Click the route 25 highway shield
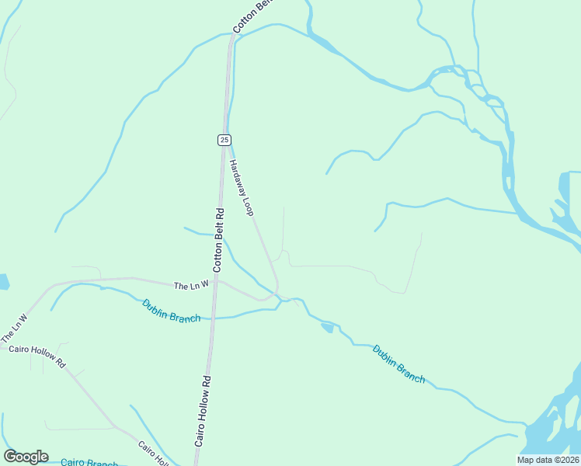(224, 140)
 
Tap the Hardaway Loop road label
(242, 187)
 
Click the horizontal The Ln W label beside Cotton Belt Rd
(191, 286)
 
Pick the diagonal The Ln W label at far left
(14, 329)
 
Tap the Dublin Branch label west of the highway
(171, 311)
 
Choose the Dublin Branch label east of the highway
(398, 363)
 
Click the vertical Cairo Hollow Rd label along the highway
(204, 411)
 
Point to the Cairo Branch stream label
(89, 462)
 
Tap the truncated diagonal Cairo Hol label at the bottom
(153, 454)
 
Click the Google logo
(26, 457)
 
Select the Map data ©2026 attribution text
(548, 460)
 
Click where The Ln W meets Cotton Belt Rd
(216, 280)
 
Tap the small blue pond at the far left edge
(3, 281)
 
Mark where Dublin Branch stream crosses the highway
(213, 318)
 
